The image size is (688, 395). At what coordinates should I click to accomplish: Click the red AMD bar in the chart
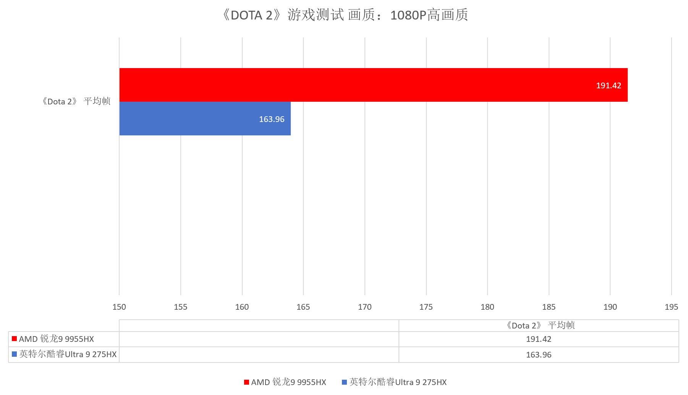coord(373,85)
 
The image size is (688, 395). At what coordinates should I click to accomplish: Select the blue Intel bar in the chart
coord(205,119)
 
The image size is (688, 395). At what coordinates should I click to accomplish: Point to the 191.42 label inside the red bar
coord(608,86)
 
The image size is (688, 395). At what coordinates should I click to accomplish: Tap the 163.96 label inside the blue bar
coord(272,119)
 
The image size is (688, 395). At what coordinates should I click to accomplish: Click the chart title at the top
coord(344,15)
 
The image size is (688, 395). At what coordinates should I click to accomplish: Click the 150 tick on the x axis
coord(119,307)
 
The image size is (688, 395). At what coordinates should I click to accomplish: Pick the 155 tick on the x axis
coord(181,307)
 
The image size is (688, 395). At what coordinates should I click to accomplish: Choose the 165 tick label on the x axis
coord(303,307)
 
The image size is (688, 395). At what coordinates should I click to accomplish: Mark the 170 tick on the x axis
coord(365,307)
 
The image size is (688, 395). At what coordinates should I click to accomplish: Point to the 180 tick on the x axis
coord(487,307)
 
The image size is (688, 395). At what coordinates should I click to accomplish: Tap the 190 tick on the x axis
coord(610,307)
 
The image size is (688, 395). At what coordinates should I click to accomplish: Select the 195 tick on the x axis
coord(671,307)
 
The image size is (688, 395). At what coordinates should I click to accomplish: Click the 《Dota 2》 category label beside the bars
coord(76,101)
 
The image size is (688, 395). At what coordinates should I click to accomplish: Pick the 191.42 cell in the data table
coord(538,339)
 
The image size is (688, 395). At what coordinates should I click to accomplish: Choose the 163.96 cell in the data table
coord(538,355)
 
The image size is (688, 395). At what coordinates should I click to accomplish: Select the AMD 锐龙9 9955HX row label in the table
coord(56,339)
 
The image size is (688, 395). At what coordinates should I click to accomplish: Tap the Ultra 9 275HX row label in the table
coord(68,354)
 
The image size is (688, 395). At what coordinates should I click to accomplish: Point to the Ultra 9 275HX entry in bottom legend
coord(397,382)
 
